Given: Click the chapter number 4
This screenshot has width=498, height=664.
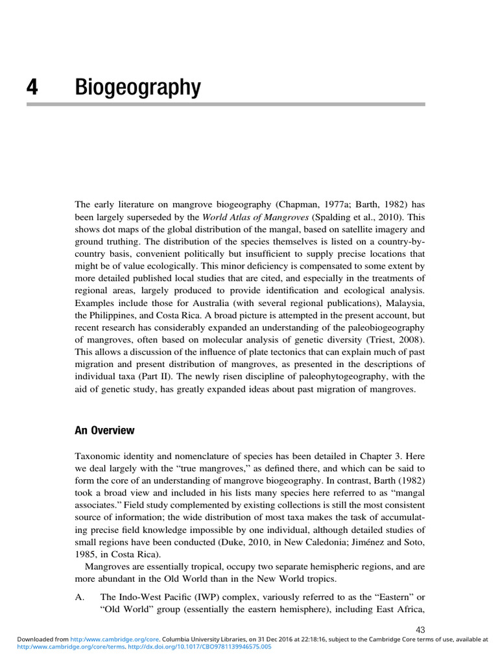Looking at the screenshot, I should (x=31, y=88).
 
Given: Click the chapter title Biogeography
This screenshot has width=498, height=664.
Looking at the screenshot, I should (x=137, y=88).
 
